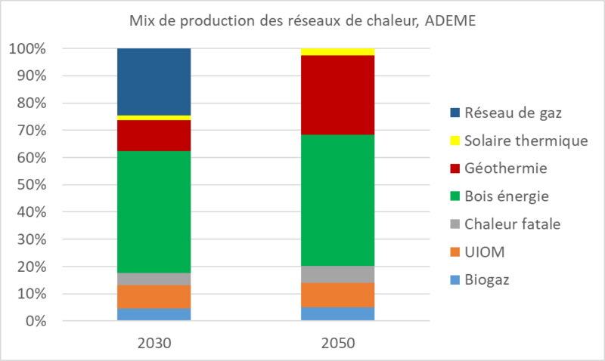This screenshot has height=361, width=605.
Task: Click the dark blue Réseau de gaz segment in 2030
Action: pyautogui.click(x=154, y=82)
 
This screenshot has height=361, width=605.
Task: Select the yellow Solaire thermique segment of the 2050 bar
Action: pyautogui.click(x=337, y=51)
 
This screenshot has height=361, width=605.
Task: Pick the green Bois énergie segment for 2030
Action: pyautogui.click(x=154, y=211)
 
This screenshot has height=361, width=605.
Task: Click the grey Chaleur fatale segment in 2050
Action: pyautogui.click(x=337, y=274)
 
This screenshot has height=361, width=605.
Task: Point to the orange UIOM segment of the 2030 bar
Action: pyautogui.click(x=154, y=296)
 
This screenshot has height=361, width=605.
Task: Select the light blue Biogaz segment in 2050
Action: pyautogui.click(x=337, y=313)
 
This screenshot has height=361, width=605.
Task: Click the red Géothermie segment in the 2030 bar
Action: pyautogui.click(x=154, y=135)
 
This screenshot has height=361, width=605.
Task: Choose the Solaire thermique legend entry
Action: pyautogui.click(x=526, y=141)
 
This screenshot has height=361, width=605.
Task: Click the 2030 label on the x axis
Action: pyautogui.click(x=154, y=342)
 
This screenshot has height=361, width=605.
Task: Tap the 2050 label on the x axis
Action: pyautogui.click(x=337, y=342)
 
